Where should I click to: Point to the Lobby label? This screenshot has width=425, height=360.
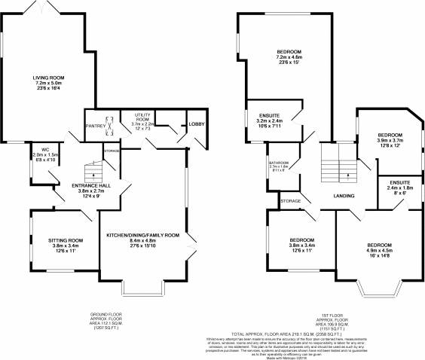197,123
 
